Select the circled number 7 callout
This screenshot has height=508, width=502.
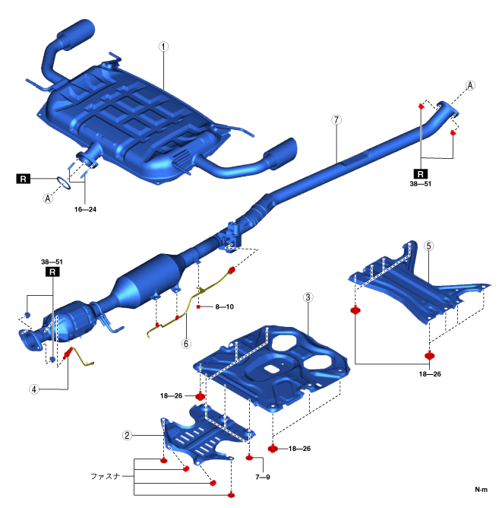[x=336, y=120]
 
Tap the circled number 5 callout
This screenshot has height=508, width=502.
[x=429, y=246]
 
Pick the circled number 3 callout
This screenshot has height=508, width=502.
[x=308, y=297]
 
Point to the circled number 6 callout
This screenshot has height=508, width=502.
[x=185, y=343]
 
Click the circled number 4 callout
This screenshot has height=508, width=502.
[x=34, y=389]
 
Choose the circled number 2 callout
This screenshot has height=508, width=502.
[x=128, y=436]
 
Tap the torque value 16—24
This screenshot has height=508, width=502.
[x=85, y=208]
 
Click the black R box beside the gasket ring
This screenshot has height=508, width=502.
[x=24, y=179]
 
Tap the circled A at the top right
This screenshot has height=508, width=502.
[x=470, y=86]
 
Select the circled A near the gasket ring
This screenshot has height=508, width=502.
[x=48, y=198]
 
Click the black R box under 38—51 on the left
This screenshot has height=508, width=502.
[x=52, y=271]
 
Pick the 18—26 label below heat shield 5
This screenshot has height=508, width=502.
[x=429, y=374]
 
